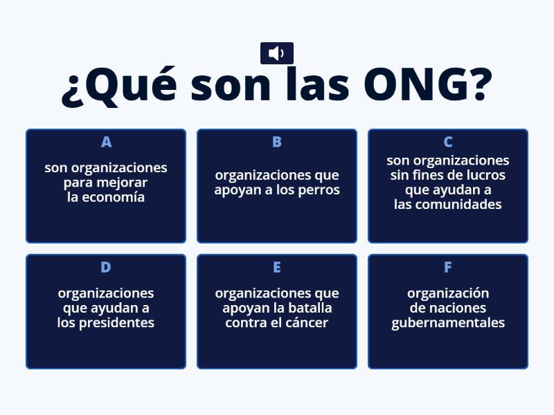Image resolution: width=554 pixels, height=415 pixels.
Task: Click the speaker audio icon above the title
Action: pos(276,53)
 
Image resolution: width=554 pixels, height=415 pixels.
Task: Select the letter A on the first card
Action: pos(106,142)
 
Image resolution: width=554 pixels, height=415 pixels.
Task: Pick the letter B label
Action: pos(277,142)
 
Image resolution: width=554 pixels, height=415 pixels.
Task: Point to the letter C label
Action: pos(448,142)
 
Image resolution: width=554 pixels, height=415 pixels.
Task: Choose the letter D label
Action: pos(106,267)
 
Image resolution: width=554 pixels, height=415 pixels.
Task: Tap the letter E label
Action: pos(277,267)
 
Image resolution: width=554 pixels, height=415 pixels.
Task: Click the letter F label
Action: pos(448,267)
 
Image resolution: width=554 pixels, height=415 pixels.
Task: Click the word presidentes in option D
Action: pos(116,323)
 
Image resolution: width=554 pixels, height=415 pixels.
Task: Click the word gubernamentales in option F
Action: pos(448,323)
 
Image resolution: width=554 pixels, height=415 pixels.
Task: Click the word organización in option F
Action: pos(448,293)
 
